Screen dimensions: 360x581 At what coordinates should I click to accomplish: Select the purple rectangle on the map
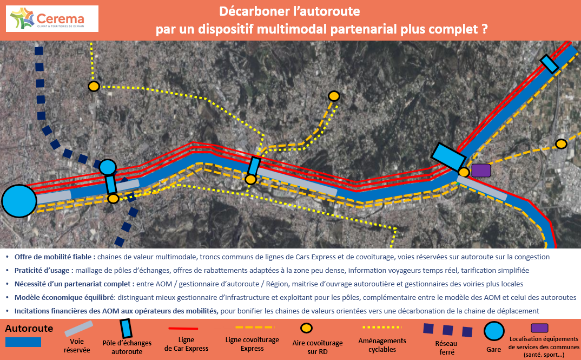(x=480, y=170)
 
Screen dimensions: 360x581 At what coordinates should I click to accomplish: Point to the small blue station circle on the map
(x=108, y=167)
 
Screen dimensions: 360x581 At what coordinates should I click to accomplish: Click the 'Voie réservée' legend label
(x=77, y=345)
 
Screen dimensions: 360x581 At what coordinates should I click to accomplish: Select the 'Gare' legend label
(x=493, y=350)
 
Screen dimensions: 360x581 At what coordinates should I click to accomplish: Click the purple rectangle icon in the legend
(x=539, y=328)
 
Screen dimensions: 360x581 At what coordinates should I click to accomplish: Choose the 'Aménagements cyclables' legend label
(x=382, y=345)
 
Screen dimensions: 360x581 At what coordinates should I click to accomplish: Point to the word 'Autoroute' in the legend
(x=29, y=329)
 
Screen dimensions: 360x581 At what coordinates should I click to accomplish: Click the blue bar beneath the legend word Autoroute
(x=23, y=342)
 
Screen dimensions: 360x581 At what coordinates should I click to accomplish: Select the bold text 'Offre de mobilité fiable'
(x=55, y=257)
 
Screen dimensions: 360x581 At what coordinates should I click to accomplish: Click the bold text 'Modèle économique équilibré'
(x=64, y=297)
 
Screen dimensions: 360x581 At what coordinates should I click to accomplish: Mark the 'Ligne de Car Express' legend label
(x=186, y=344)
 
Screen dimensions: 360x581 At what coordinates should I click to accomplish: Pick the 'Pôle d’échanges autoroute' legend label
(x=127, y=347)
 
